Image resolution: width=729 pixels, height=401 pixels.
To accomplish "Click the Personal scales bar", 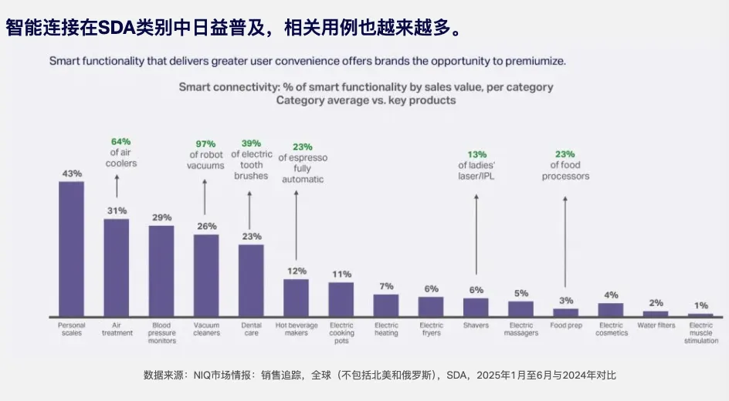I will click(x=71, y=249).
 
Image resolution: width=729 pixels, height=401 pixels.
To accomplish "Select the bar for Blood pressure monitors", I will click(x=161, y=271).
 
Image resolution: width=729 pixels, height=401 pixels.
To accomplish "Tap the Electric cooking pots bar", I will click(x=341, y=299).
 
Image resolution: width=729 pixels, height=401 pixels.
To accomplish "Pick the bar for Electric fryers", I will click(x=431, y=307).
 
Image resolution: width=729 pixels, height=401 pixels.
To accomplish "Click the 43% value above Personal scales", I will click(x=72, y=174).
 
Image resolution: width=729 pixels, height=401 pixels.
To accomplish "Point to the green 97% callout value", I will click(x=205, y=144).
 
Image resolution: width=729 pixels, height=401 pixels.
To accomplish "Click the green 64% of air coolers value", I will click(x=121, y=141).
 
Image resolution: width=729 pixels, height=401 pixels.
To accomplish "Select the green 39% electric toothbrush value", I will click(x=251, y=143).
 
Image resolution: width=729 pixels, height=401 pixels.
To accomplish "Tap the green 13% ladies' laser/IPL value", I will click(x=476, y=153).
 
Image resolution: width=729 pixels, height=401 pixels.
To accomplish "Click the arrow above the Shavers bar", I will click(x=476, y=234).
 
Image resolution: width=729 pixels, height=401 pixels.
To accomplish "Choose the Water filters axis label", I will click(x=656, y=325).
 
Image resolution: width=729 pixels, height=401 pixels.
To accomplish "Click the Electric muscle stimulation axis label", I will click(x=700, y=333).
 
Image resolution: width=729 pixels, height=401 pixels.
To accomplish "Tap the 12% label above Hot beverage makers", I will click(x=297, y=271).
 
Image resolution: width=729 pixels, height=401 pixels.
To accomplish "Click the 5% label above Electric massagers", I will click(x=520, y=293).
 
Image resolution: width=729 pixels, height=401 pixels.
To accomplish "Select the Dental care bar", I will click(x=251, y=281).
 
